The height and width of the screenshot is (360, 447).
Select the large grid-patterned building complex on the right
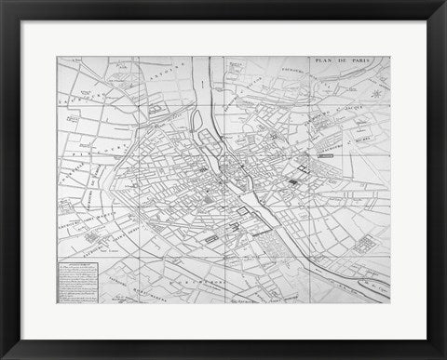pos(365,245)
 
